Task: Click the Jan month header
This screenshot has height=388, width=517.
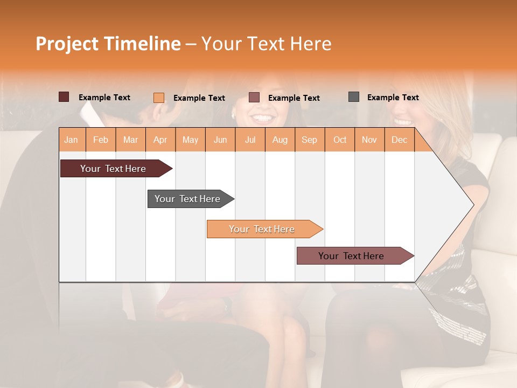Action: pyautogui.click(x=72, y=140)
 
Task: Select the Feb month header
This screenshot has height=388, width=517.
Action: pyautogui.click(x=101, y=140)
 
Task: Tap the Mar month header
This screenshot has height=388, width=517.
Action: pyautogui.click(x=130, y=140)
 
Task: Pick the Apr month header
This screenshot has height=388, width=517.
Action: pyautogui.click(x=160, y=140)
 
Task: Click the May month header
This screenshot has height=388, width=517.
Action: pyautogui.click(x=190, y=140)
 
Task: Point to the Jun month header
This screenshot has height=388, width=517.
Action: pyautogui.click(x=220, y=140)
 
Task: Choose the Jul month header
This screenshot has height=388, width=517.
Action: pyautogui.click(x=250, y=140)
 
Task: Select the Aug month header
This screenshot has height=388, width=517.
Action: pyautogui.click(x=280, y=140)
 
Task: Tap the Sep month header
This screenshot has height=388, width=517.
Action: pyautogui.click(x=310, y=140)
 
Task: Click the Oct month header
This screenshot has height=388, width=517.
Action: pyautogui.click(x=340, y=140)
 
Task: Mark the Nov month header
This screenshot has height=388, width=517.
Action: pyautogui.click(x=369, y=140)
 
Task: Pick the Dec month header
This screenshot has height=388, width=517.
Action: pyautogui.click(x=400, y=140)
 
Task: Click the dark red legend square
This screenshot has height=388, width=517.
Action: pyautogui.click(x=64, y=97)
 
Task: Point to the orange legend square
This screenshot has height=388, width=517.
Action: pyautogui.click(x=159, y=98)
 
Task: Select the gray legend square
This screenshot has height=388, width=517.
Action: pyautogui.click(x=354, y=97)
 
